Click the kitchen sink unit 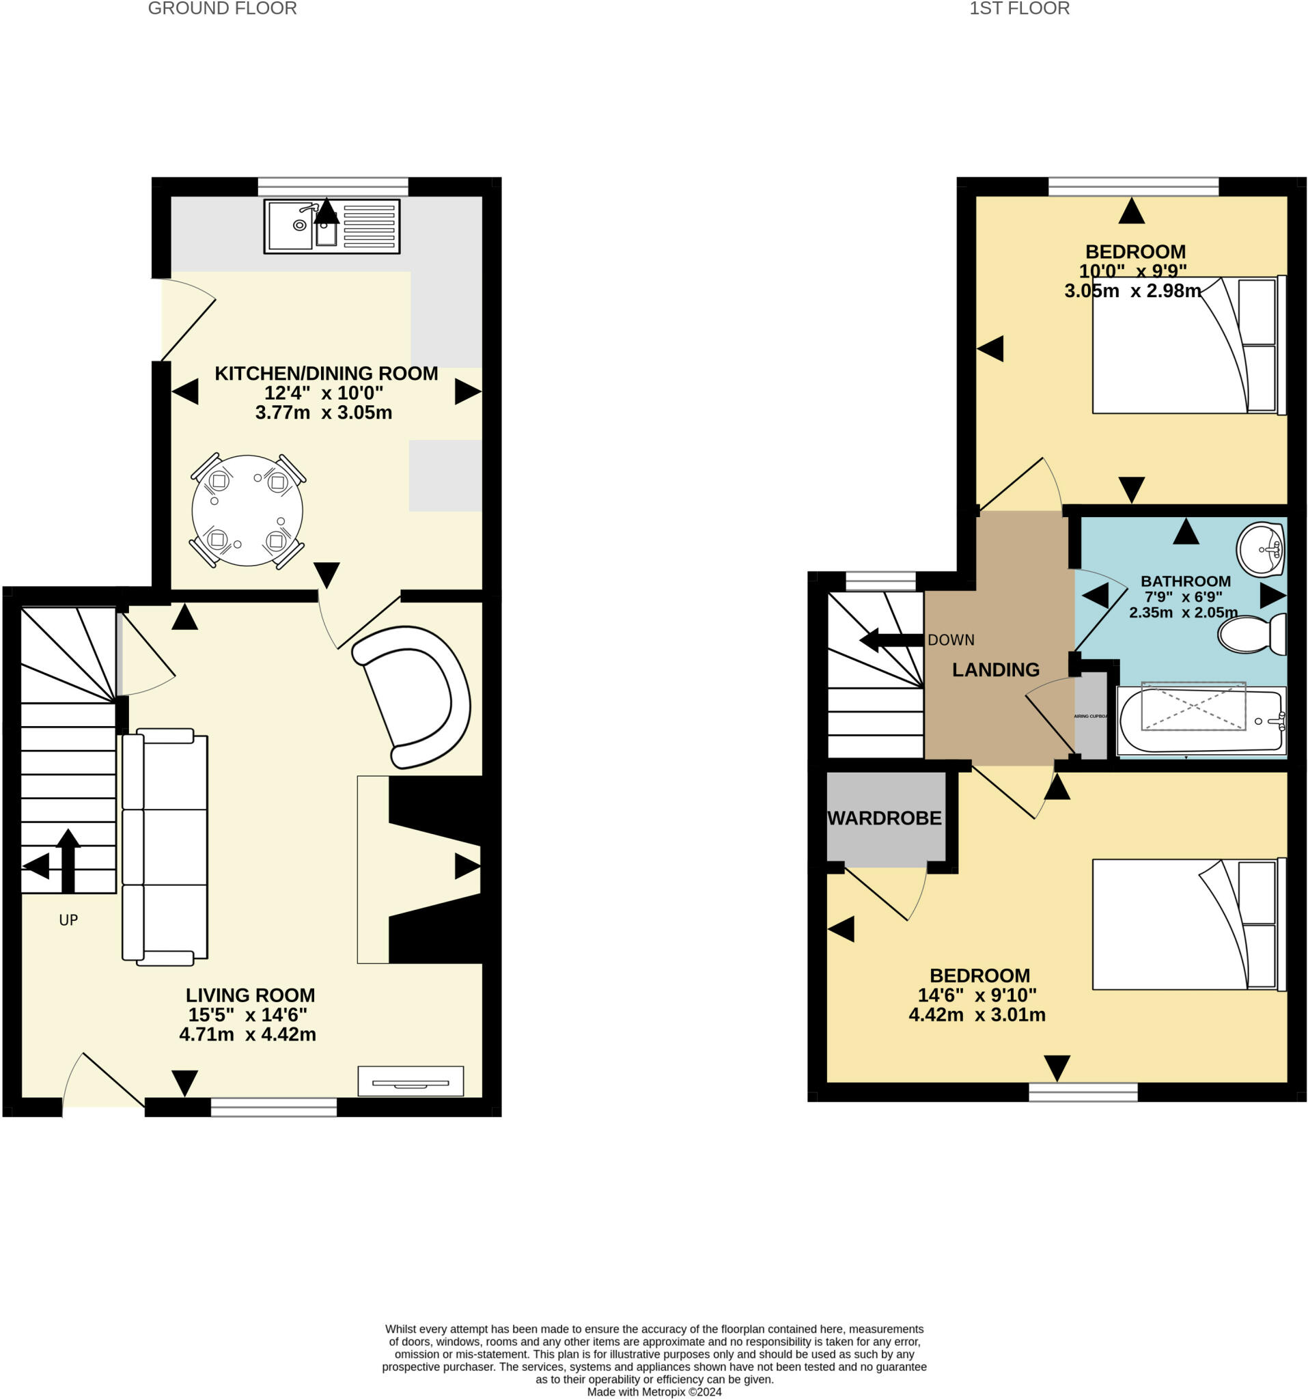pos(331,226)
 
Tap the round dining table pos(247,510)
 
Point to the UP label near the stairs pos(68,919)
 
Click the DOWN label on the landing pos(951,639)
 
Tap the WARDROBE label pos(885,818)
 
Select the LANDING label pos(995,669)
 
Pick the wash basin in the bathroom pos(1260,549)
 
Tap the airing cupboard pos(1091,717)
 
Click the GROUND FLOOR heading pos(223,8)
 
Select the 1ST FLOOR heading pos(1019,8)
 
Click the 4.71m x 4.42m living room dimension pos(248,1034)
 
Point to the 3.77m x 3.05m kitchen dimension pos(324,413)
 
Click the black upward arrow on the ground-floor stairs pos(68,859)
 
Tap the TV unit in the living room pos(411,1081)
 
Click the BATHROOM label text pos(1185,581)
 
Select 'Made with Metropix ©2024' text pos(654,1391)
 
